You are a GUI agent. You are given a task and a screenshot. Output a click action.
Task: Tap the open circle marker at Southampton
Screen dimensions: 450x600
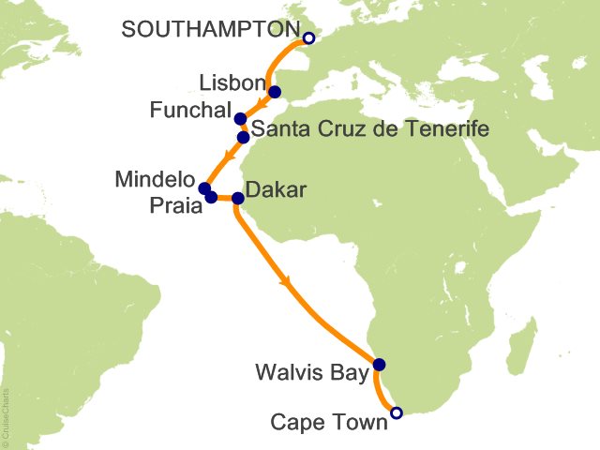coord(308,38)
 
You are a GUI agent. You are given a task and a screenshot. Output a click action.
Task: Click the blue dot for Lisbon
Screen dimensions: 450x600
coord(275,92)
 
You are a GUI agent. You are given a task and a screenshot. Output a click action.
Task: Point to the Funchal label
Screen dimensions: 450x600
coord(190,112)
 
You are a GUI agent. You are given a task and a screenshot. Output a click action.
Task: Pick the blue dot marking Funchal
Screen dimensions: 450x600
coord(240,119)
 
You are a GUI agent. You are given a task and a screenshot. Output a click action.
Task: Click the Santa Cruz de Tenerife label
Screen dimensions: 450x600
coord(369,129)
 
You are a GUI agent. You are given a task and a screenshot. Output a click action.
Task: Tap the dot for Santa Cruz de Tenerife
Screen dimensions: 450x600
coord(244,137)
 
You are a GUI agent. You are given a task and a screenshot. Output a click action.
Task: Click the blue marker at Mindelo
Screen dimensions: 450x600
coord(204,189)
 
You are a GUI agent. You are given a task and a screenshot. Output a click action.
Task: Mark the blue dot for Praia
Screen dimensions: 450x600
coord(211,197)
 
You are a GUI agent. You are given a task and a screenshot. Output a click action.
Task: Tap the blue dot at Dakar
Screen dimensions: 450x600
coord(237,198)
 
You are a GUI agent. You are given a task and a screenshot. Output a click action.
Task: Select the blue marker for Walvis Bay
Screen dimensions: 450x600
coord(379,365)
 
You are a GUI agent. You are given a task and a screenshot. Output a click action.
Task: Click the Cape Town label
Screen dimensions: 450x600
coord(328,423)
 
